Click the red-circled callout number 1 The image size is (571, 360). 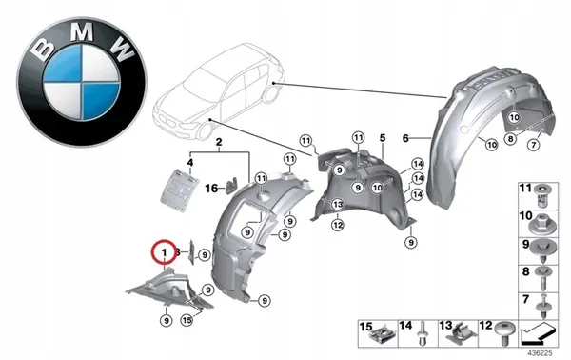(x=165, y=251)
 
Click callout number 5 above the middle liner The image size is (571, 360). (x=382, y=138)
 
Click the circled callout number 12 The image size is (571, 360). (x=337, y=225)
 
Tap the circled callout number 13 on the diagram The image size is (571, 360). (x=336, y=204)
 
